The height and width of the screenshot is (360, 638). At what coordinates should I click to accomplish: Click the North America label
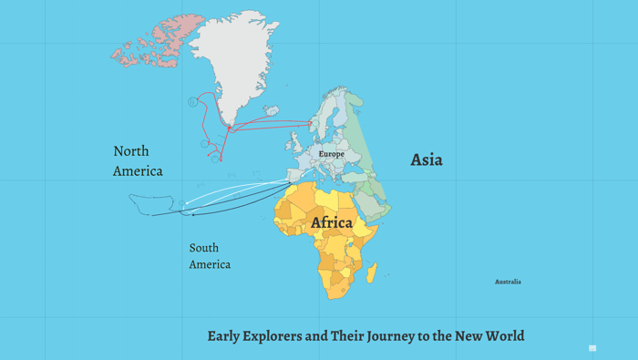point(138,160)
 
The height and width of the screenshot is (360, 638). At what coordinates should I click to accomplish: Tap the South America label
point(210,255)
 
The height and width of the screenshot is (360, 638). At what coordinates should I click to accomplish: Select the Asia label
point(427,159)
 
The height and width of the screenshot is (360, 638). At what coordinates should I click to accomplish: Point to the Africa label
point(332,222)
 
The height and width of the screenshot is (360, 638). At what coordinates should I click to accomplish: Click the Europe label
point(331,154)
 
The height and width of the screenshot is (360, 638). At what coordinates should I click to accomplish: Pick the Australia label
point(508,282)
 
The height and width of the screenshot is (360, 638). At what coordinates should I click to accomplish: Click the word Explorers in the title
point(273,336)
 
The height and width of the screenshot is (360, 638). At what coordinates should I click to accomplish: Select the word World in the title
point(503,336)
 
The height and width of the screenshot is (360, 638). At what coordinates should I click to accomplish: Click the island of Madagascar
point(372,271)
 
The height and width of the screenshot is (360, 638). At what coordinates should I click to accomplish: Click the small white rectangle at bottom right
point(592,348)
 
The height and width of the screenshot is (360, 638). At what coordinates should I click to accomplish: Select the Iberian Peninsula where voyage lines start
point(296,176)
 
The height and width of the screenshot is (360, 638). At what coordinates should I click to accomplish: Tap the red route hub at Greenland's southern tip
point(228,127)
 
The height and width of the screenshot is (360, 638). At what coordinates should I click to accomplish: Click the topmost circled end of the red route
point(192,102)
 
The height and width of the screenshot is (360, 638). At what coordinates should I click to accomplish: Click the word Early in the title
point(225,336)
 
